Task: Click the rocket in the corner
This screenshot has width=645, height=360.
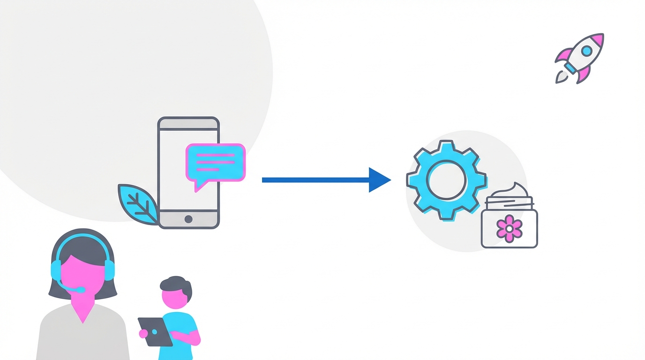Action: click(580, 58)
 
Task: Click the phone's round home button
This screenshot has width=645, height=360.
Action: click(188, 219)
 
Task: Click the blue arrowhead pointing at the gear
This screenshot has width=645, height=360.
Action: click(379, 180)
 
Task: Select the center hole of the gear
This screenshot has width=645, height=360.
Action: click(447, 180)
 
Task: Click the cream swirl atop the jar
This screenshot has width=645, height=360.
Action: click(515, 191)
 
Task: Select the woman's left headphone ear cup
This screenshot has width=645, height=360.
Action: click(56, 270)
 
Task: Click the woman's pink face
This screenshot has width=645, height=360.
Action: click(82, 272)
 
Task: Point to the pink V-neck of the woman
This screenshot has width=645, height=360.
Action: click(83, 311)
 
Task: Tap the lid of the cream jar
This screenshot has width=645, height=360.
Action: click(509, 203)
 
